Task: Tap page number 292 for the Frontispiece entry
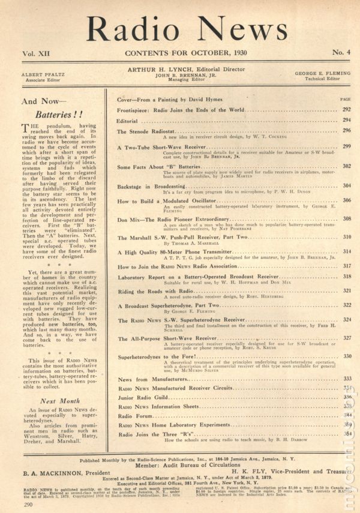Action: (346, 110)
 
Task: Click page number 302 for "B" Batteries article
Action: (346, 166)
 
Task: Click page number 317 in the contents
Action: (346, 265)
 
